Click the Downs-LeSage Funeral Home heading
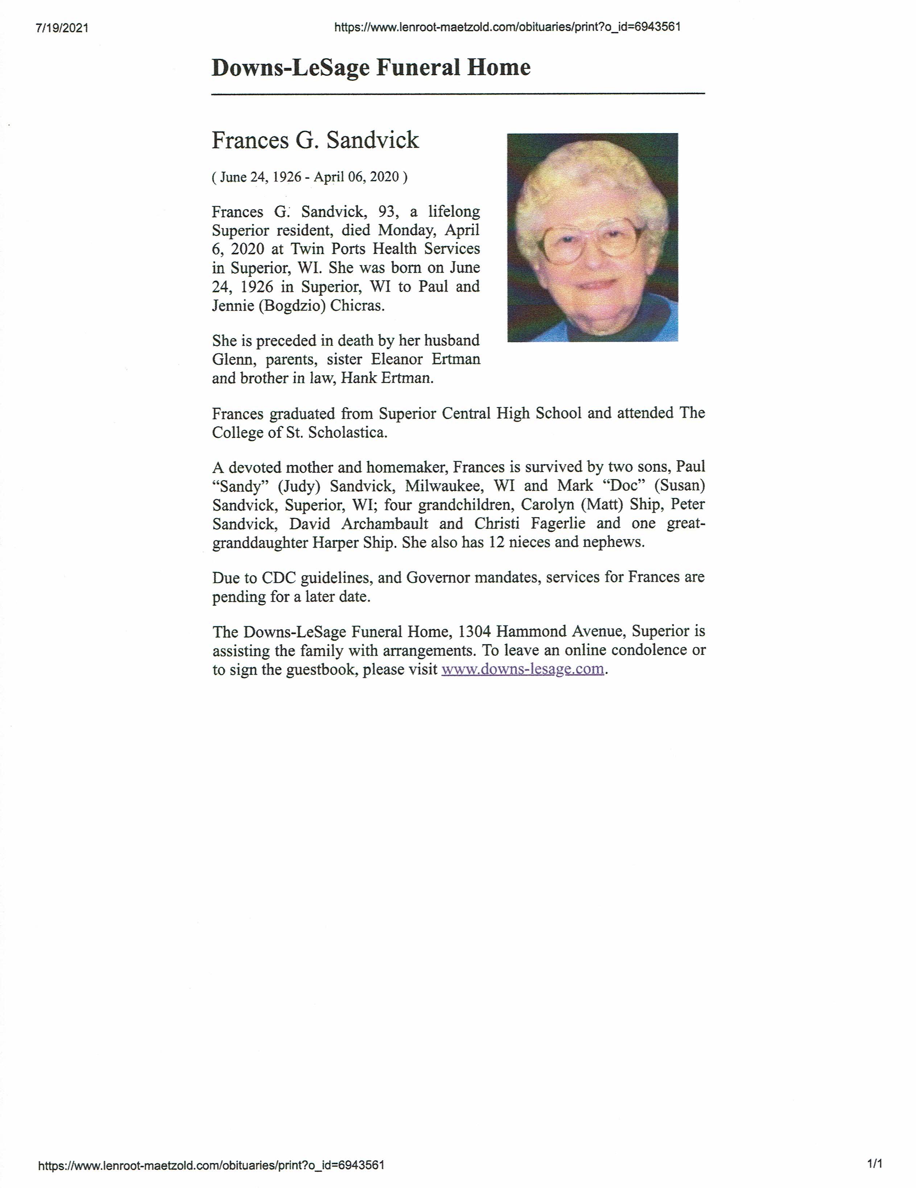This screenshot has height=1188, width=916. [371, 67]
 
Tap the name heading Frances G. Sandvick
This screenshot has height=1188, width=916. [315, 140]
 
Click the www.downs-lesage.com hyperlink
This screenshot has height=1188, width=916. [522, 669]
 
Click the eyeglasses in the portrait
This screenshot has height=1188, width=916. [590, 239]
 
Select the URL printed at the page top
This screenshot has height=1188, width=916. [507, 27]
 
